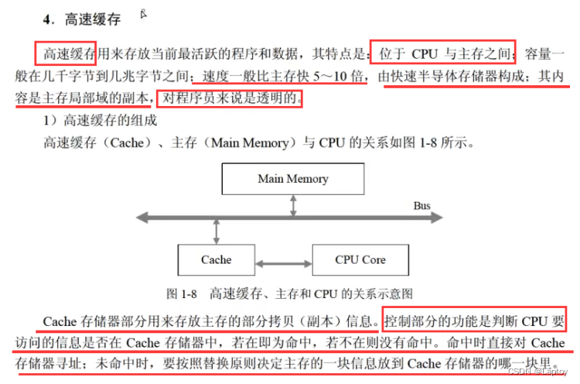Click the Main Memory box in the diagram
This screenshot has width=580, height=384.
(x=292, y=179)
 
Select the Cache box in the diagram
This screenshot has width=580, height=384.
(x=217, y=259)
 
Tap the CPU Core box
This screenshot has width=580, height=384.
(x=360, y=259)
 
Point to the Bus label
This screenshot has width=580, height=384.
(x=421, y=206)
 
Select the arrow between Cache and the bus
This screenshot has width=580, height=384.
(x=217, y=229)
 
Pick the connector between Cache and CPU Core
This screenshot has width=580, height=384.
(x=283, y=259)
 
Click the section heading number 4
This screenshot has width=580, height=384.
(x=48, y=20)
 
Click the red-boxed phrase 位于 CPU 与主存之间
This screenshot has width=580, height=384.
(x=442, y=54)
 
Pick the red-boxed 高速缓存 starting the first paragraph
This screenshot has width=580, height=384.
(x=67, y=54)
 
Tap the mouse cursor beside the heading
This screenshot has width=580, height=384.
(x=144, y=13)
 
